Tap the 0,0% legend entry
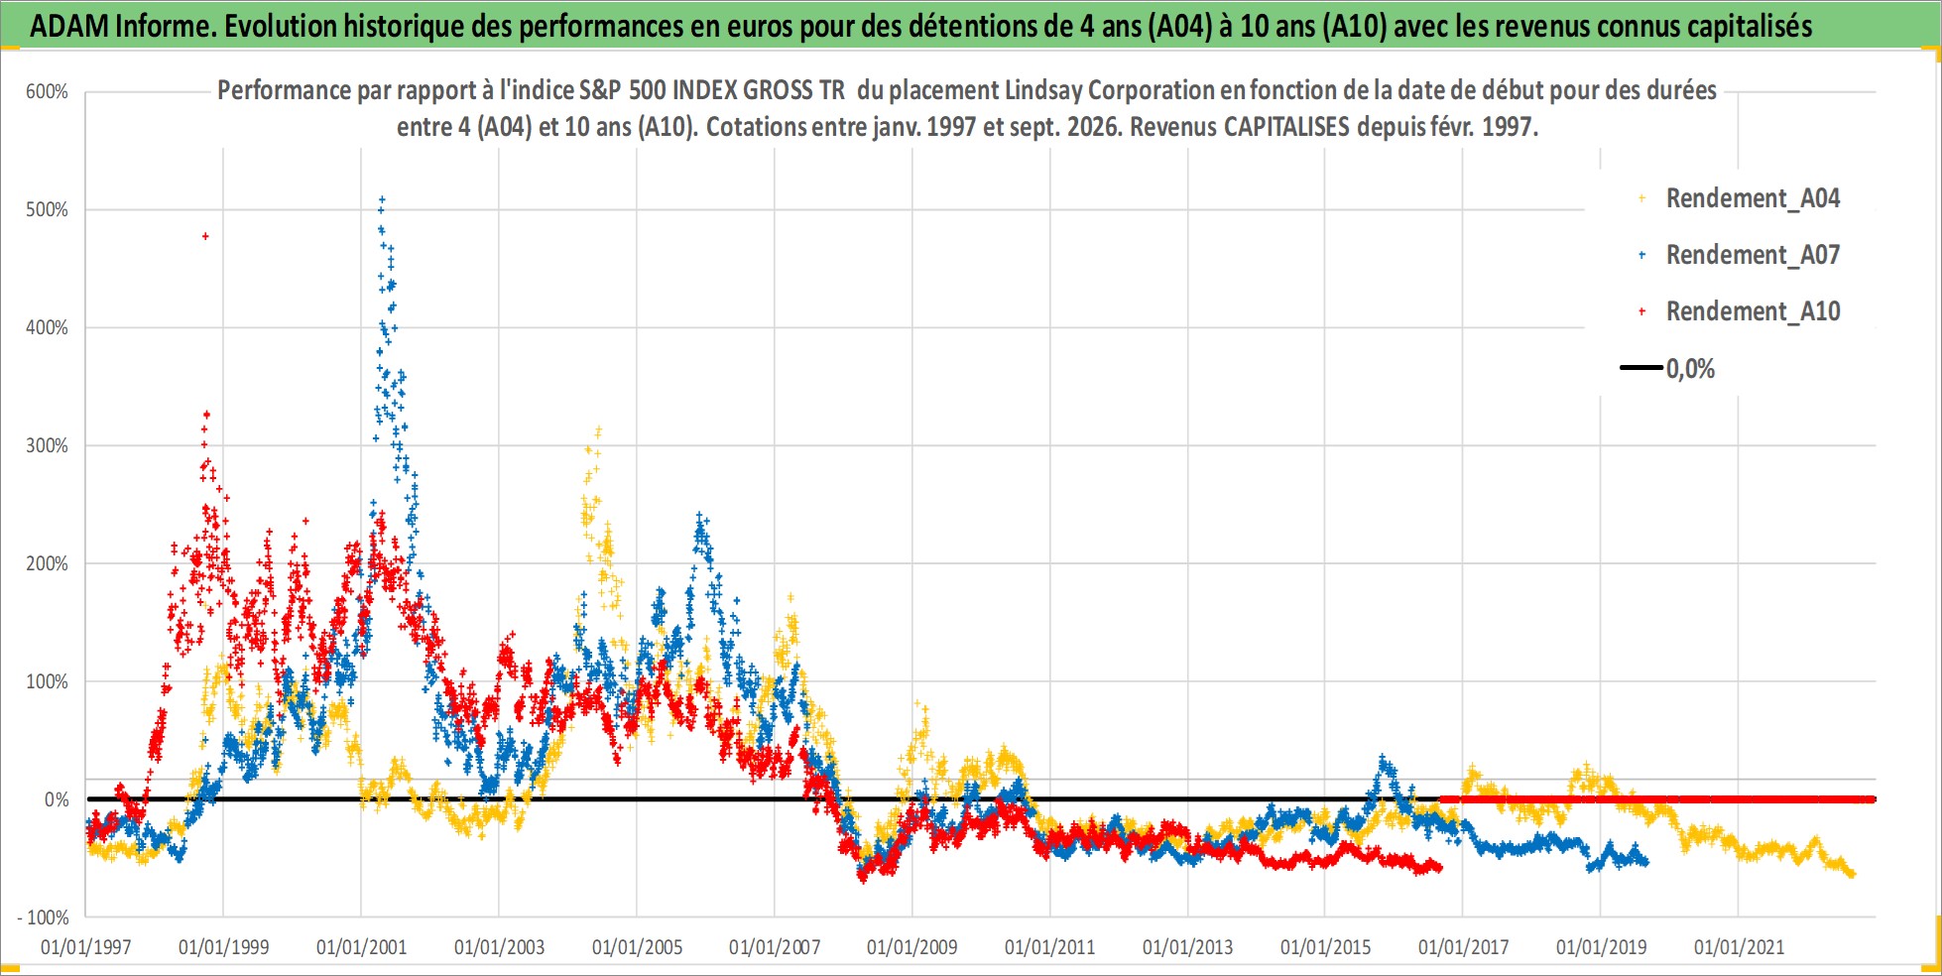[x=1668, y=369]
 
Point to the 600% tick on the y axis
[x=47, y=92]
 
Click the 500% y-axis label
[x=47, y=210]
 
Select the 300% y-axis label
[x=47, y=446]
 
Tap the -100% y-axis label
[x=43, y=918]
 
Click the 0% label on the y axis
[x=57, y=800]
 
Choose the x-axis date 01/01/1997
[x=86, y=947]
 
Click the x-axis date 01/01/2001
[x=361, y=947]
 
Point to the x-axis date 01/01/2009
[x=912, y=947]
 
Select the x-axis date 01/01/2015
[x=1325, y=947]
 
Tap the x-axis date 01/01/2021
[x=1739, y=947]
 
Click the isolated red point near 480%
[x=205, y=236]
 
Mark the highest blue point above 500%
[x=382, y=199]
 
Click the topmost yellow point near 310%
[x=598, y=429]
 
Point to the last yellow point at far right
[x=1852, y=875]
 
